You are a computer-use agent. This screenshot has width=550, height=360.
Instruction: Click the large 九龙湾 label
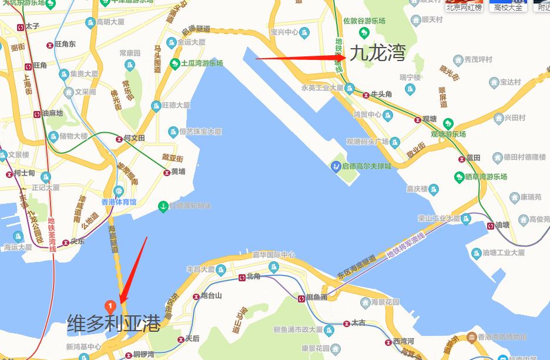pos(378,54)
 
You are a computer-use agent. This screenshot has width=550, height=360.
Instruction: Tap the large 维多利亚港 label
pos(113,323)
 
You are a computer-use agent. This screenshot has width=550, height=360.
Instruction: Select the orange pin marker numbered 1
pos(109,305)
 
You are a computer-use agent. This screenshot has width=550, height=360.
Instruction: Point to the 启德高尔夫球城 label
pos(366,166)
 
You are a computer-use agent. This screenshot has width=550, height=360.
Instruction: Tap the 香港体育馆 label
pos(119,202)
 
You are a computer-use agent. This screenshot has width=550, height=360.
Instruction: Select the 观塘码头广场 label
pos(367,142)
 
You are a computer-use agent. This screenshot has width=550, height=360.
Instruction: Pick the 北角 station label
pos(253,277)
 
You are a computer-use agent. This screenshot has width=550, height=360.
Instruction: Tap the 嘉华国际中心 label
pos(273,255)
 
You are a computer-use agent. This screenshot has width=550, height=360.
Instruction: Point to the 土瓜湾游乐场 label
pos(202,63)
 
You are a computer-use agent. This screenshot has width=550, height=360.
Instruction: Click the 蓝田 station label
pos(473,157)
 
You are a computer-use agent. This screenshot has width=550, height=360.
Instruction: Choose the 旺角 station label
pos(40,65)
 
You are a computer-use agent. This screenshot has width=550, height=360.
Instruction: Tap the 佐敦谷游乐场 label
pos(364,21)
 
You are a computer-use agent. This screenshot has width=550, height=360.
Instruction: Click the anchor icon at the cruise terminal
pos(163,206)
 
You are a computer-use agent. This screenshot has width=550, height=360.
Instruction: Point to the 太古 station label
pos(358,322)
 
